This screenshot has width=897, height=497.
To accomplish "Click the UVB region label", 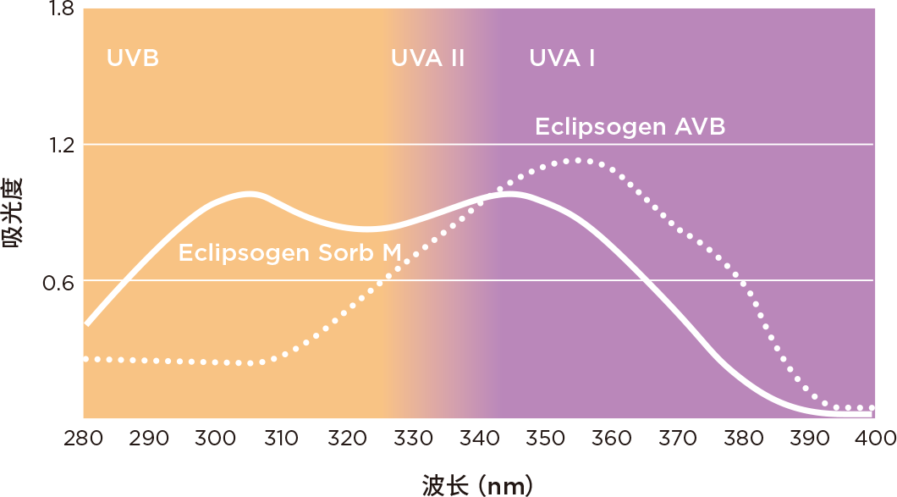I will pyautogui.click(x=133, y=58).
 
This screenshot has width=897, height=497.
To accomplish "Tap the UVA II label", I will pyautogui.click(x=427, y=58).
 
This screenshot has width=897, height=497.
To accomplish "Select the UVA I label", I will pyautogui.click(x=562, y=58).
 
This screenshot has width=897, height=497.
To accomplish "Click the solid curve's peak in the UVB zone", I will pyautogui.click(x=251, y=194).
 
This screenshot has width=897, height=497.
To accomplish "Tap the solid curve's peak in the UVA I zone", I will pyautogui.click(x=508, y=194).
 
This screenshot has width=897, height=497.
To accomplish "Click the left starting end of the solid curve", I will pyautogui.click(x=87, y=323).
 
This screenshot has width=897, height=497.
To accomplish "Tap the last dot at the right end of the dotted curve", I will pyautogui.click(x=870, y=408).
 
